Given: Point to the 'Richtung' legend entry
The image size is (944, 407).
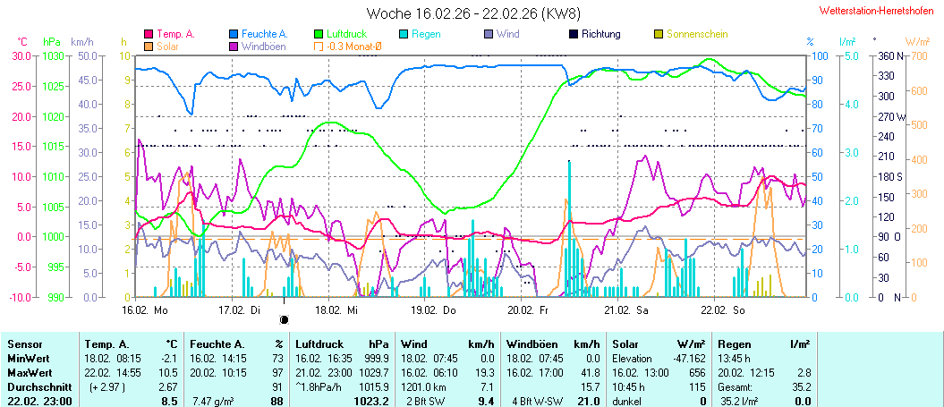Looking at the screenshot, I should (x=600, y=34).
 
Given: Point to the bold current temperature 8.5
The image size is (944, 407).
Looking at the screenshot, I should (x=168, y=401).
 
